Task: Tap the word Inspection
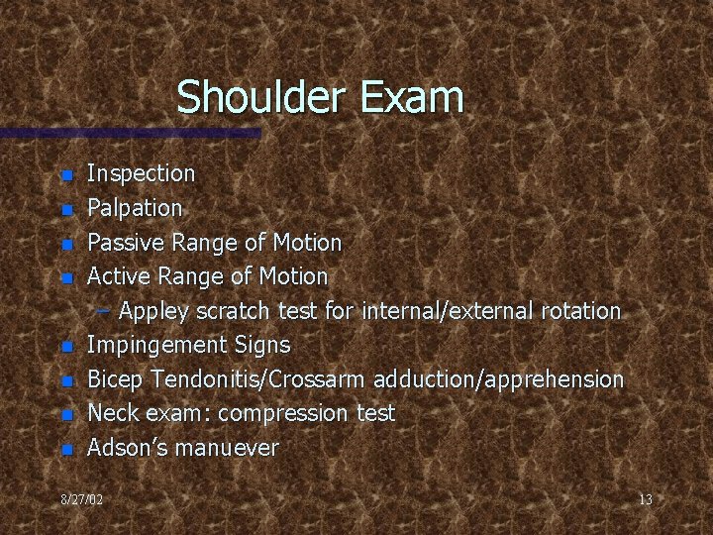coord(142,174)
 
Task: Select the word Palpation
coord(135,208)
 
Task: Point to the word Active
coord(118,275)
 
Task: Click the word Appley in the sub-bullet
coord(154,311)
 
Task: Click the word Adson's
coord(122,447)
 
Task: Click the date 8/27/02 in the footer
coord(81,500)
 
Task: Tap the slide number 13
coord(645,500)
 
